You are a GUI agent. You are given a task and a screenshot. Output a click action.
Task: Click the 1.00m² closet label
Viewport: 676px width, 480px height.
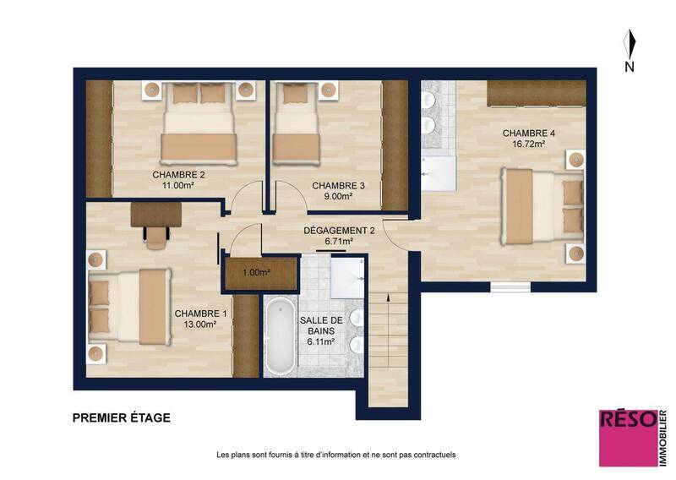[257, 273]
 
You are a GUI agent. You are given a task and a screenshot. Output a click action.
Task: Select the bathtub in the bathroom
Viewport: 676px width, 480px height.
[278, 335]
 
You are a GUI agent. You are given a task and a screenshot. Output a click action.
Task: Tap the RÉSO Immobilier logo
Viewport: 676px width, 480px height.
[629, 437]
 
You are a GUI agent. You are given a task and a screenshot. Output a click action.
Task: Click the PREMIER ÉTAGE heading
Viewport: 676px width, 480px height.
[122, 417]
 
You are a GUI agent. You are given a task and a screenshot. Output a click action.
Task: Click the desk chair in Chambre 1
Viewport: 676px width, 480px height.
[155, 240]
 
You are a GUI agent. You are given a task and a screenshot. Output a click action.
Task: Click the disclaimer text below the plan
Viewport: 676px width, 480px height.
[336, 455]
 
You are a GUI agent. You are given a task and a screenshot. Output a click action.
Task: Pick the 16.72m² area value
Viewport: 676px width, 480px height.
[529, 145]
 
